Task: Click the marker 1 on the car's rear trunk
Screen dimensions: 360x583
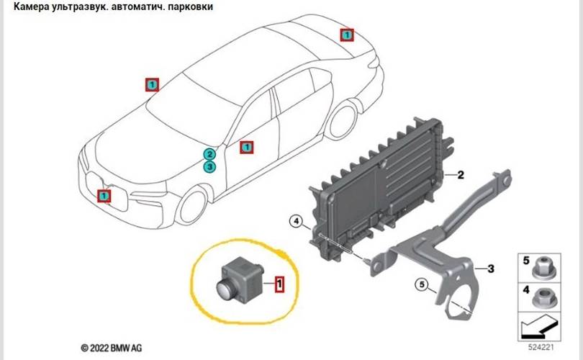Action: [x=346, y=34]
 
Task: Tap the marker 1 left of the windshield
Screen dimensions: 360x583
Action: [x=151, y=84]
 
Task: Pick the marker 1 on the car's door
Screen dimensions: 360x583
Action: [x=246, y=147]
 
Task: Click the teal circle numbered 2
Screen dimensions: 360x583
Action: [x=209, y=154]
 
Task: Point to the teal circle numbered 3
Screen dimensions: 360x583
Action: [x=209, y=167]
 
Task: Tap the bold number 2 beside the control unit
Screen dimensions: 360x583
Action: [x=461, y=174]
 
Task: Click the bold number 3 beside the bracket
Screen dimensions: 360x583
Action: [x=489, y=269]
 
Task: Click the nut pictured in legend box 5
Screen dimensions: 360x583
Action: [x=542, y=269]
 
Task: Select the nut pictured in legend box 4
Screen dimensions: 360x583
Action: [x=542, y=296]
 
